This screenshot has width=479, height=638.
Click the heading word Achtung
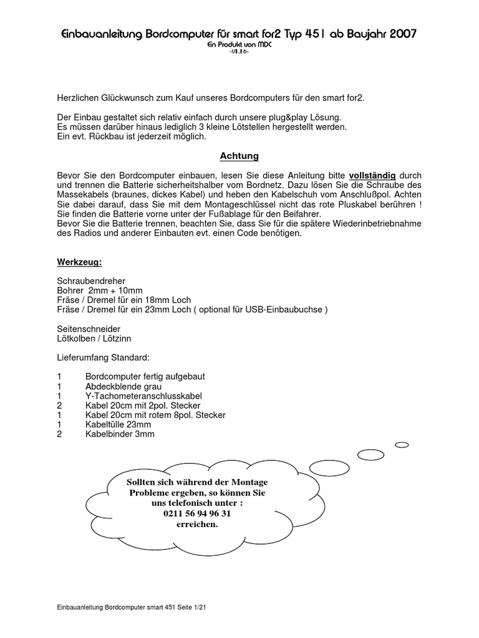[x=239, y=156]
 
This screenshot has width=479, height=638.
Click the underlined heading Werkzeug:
[x=79, y=262]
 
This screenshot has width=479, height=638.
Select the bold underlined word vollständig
[x=372, y=176]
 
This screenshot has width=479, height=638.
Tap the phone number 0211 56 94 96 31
[x=197, y=513]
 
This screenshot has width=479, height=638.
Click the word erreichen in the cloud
[x=197, y=524]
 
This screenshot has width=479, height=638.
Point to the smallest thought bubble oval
[x=402, y=445]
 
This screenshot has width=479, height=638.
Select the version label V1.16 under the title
[x=239, y=52]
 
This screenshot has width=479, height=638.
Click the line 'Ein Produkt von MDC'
[x=239, y=45]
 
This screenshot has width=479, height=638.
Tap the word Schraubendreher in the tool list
[x=91, y=281]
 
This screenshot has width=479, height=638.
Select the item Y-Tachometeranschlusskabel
[x=143, y=396]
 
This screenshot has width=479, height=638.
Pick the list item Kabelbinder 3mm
[x=120, y=434]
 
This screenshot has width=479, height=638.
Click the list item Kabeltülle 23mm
[x=118, y=424]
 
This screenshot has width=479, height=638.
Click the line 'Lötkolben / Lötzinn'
[x=94, y=338]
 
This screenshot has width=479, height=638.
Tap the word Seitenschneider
[x=89, y=328]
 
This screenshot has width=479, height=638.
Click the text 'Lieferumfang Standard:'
[x=103, y=358]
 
